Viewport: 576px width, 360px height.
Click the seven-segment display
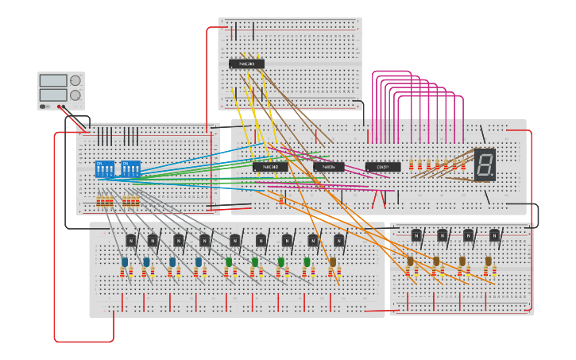click(485, 165)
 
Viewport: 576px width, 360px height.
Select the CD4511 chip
click(383, 167)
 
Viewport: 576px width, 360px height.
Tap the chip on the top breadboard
click(246, 64)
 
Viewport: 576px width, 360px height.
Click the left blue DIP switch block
click(105, 169)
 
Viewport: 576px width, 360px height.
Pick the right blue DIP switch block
click(130, 169)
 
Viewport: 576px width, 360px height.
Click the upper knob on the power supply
click(75, 80)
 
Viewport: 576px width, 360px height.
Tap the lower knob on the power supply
click(75, 95)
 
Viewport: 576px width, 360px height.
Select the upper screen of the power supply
click(53, 80)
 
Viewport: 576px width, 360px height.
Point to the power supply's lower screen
click(53, 95)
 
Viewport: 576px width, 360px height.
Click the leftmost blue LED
click(125, 261)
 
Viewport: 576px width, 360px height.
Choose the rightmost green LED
click(307, 261)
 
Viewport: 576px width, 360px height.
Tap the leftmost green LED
click(229, 261)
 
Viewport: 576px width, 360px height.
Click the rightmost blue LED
click(199, 261)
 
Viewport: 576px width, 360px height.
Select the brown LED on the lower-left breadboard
click(333, 261)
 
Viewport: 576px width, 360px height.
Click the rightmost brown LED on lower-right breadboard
click(488, 261)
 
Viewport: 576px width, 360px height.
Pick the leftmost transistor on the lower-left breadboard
click(131, 240)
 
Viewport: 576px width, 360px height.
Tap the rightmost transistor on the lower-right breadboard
click(494, 234)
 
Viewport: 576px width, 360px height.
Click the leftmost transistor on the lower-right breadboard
click(416, 234)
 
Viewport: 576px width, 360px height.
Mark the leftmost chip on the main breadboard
click(270, 167)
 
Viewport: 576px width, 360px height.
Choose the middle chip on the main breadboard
click(329, 167)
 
